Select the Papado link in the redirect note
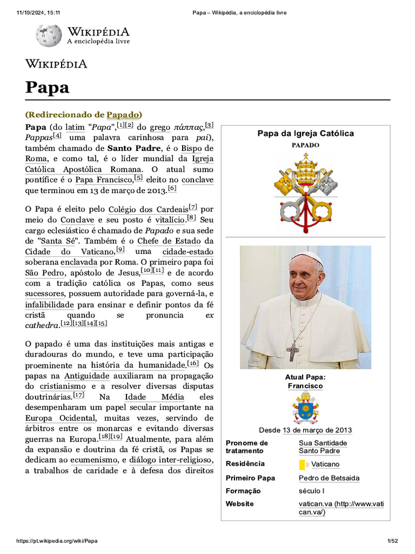coord(123,115)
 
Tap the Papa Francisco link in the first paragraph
coord(103,180)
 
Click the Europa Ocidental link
coord(60,418)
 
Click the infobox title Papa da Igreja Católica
coord(305,133)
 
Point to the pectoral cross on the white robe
coord(292,351)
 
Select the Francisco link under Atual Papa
coord(305,386)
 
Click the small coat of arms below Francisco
coord(305,407)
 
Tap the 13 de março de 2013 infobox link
coord(317,431)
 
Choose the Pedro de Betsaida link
coord(329,478)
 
